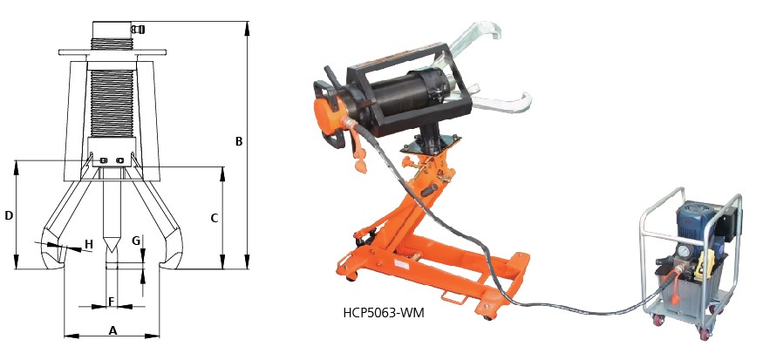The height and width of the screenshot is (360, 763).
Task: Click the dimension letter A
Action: point(112,331)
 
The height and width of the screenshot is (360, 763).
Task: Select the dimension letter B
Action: point(238,141)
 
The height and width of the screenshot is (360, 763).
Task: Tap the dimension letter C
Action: point(215,219)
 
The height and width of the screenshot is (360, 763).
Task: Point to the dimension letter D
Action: point(8,215)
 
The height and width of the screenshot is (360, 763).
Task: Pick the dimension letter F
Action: point(111,302)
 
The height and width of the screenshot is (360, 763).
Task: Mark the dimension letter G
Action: point(136,241)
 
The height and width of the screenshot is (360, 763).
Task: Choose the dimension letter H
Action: point(89,244)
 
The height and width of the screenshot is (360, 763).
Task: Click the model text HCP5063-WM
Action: point(384,313)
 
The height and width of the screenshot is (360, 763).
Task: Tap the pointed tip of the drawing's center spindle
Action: point(111,252)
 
